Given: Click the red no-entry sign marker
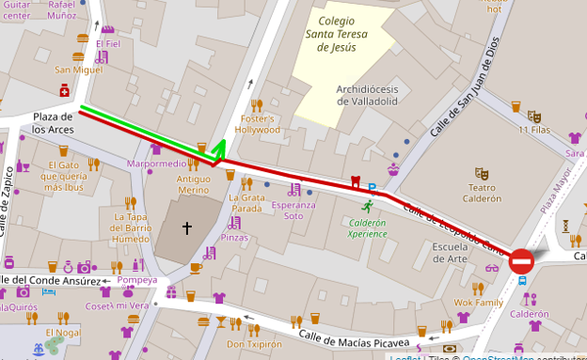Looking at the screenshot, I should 522,260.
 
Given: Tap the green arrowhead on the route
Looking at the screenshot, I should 219,148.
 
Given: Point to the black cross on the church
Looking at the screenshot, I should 186,227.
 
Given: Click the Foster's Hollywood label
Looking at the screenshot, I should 258,124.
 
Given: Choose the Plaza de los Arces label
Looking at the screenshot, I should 53,122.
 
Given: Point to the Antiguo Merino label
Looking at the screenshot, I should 194,184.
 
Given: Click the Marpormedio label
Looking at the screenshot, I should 156,164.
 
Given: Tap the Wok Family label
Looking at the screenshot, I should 478,303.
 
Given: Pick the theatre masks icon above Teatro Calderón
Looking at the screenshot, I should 482,174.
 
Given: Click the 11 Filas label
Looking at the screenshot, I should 534,131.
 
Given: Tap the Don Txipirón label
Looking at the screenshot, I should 254,344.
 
